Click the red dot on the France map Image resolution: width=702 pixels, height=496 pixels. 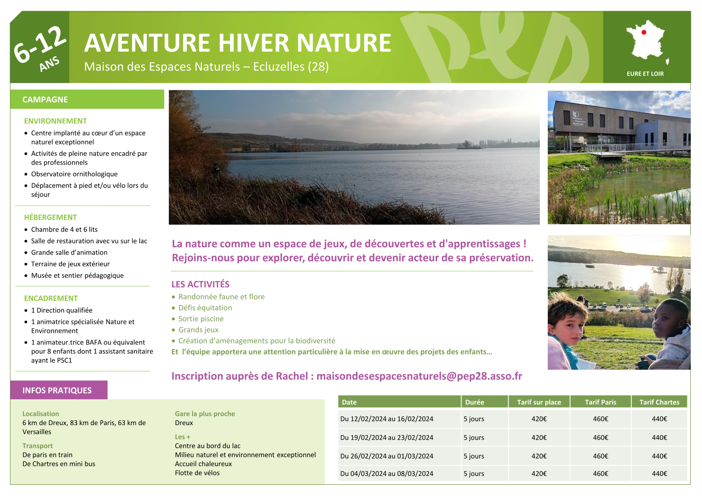tap(644, 32)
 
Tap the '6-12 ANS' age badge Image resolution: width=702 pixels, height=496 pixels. tap(40, 48)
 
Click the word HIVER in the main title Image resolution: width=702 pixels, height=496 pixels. tap(253, 43)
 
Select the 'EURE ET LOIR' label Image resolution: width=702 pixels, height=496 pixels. tap(645, 74)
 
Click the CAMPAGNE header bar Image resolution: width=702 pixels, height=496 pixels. tap(87, 99)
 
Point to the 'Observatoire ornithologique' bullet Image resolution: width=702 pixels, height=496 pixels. tap(74, 174)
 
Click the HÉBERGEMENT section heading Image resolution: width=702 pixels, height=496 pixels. tap(50, 217)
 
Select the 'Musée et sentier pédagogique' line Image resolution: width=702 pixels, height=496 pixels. tap(78, 276)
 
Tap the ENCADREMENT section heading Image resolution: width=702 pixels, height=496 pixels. tap(51, 298)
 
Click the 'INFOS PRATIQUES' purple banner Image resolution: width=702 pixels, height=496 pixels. tap(59, 390)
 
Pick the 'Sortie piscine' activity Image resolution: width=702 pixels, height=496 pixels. tap(201, 319)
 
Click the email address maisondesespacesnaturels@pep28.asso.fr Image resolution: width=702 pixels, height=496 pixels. tap(419, 376)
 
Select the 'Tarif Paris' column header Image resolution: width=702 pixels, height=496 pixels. tap(600, 402)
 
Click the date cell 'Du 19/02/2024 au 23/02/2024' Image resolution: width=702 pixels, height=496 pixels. tap(387, 437)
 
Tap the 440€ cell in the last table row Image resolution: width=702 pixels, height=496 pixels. tap(659, 473)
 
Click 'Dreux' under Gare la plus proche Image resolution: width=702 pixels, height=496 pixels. tap(184, 423)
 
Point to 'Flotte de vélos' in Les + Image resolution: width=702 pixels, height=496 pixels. tap(197, 473)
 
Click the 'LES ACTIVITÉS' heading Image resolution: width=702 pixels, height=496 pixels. tap(200, 284)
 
